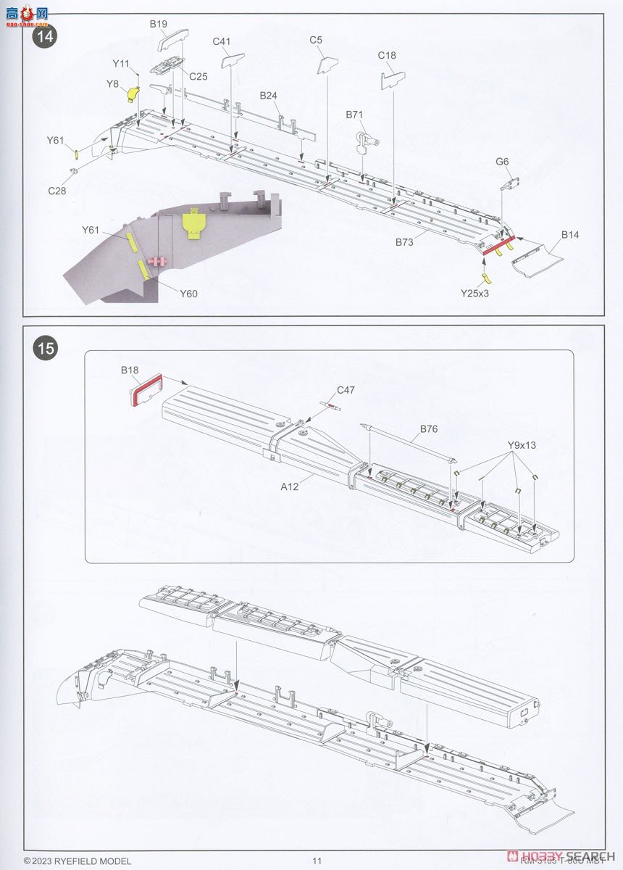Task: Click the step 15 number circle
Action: click(45, 349)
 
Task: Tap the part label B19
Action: click(159, 24)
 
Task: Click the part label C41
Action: click(222, 41)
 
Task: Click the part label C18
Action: click(387, 56)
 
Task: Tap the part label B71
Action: click(354, 115)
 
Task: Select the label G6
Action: click(503, 162)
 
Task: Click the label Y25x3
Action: click(475, 293)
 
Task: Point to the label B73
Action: click(404, 242)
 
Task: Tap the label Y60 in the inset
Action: click(188, 294)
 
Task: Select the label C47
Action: click(346, 390)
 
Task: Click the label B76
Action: click(429, 428)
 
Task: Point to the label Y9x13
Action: click(522, 445)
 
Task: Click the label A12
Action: click(290, 487)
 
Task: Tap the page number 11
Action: click(317, 861)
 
